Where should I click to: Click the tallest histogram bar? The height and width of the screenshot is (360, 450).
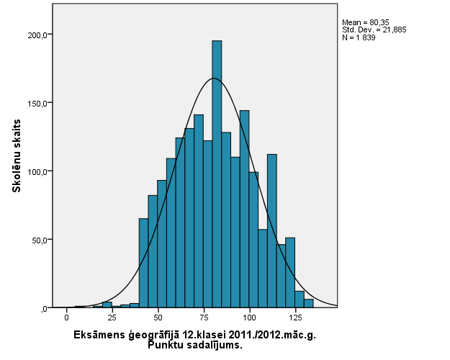[x=217, y=173]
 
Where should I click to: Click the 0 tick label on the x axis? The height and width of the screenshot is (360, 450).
[x=66, y=317]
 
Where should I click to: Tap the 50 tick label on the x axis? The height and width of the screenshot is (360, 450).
[x=158, y=317]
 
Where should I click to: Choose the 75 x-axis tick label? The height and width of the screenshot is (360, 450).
[x=204, y=317]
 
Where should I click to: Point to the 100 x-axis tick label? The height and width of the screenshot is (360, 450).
[x=249, y=317]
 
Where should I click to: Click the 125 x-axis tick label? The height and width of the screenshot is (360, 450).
[x=295, y=317]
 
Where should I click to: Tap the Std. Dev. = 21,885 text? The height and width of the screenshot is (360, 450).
[x=369, y=30]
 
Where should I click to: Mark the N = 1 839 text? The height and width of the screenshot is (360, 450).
[x=359, y=37]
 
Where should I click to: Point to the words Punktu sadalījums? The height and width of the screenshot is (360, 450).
[x=194, y=345]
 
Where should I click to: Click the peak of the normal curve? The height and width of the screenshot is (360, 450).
[x=213, y=78]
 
